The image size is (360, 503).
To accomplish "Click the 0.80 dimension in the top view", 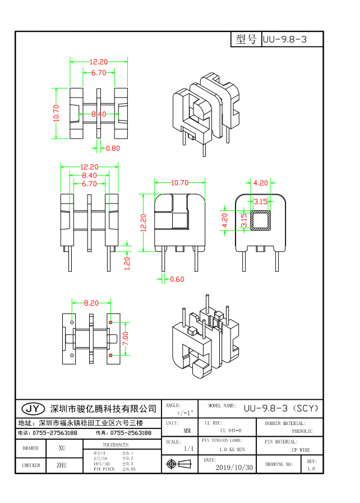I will [x=113, y=149].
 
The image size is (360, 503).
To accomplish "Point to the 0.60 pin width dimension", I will [x=177, y=279].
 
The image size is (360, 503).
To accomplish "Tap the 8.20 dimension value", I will [x=91, y=303].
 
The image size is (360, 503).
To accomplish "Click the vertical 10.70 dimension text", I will [x=56, y=114].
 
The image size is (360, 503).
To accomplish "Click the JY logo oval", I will [x=33, y=408].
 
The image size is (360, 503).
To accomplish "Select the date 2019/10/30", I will [x=234, y=467].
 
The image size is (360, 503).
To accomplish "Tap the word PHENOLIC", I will [x=302, y=431].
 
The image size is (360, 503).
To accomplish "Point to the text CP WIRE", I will [x=301, y=450].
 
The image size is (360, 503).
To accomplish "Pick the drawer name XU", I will [x=62, y=448].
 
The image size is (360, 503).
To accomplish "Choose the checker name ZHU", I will [x=62, y=465].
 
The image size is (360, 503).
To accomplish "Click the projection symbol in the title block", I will [x=179, y=464].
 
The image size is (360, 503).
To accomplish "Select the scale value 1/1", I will [x=188, y=449].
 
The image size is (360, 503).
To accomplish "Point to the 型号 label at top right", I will [x=246, y=39].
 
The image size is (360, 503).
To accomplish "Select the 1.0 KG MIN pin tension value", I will [x=232, y=450].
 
